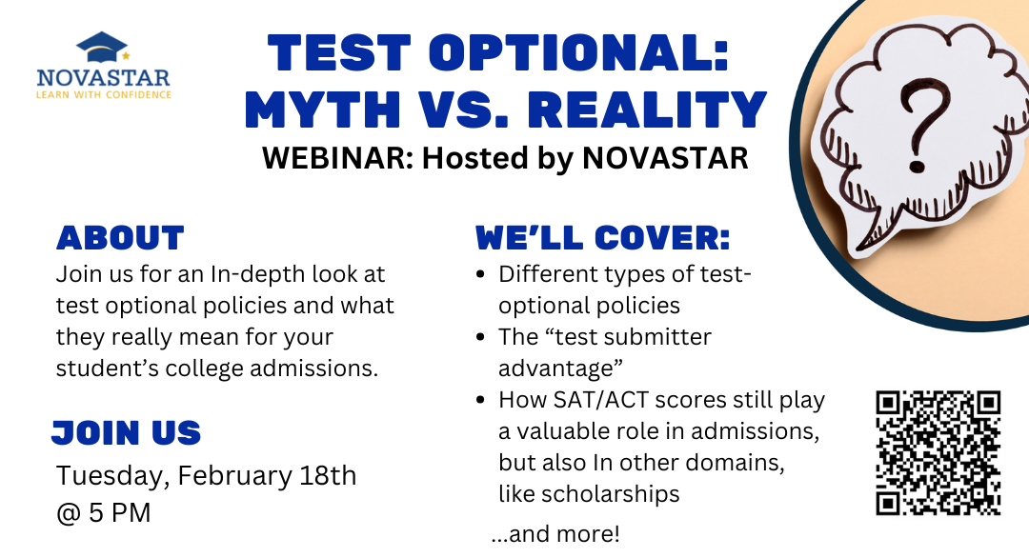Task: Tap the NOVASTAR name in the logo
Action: click(104, 78)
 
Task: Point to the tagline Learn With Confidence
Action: click(104, 95)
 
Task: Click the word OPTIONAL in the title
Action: click(579, 52)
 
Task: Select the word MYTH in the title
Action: click(322, 109)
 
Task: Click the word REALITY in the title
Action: click(647, 109)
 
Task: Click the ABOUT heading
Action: click(120, 238)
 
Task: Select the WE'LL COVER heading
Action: click(602, 238)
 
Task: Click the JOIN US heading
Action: click(126, 432)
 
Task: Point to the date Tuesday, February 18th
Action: click(206, 476)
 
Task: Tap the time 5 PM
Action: click(119, 512)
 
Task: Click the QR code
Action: click(938, 453)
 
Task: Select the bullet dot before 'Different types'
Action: click(481, 275)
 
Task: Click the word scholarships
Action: click(589, 494)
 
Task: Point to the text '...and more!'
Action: click(555, 534)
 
